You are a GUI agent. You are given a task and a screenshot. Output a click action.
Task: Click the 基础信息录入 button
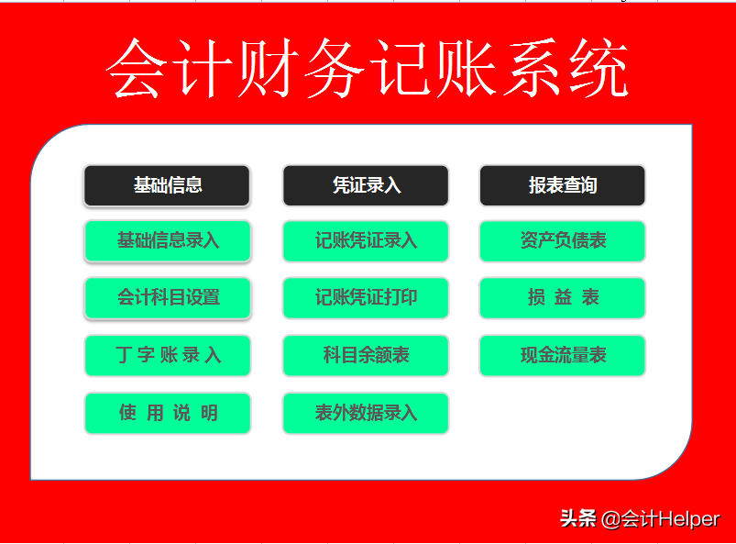(168, 241)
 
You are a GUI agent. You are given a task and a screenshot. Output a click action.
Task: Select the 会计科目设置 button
(168, 298)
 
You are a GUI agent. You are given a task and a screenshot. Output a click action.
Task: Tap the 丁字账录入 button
(168, 356)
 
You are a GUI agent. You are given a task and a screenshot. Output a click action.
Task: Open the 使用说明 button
(168, 413)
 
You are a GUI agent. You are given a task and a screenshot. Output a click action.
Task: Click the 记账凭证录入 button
(366, 241)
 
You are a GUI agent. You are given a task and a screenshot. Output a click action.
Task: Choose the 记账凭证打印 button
(366, 298)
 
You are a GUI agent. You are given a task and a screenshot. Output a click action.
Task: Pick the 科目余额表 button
(366, 356)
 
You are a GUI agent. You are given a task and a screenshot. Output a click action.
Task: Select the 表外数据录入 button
(366, 413)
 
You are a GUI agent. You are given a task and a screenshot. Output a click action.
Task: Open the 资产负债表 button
(563, 241)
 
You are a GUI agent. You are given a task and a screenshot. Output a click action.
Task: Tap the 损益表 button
(563, 298)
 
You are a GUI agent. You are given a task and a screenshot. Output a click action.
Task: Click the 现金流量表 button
(563, 356)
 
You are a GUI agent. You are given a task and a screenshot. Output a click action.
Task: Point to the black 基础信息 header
(168, 185)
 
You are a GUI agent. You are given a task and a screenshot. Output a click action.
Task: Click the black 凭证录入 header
(366, 185)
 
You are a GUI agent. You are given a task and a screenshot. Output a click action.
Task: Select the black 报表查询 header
(563, 185)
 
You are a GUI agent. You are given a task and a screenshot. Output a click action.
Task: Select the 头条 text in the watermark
(578, 519)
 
